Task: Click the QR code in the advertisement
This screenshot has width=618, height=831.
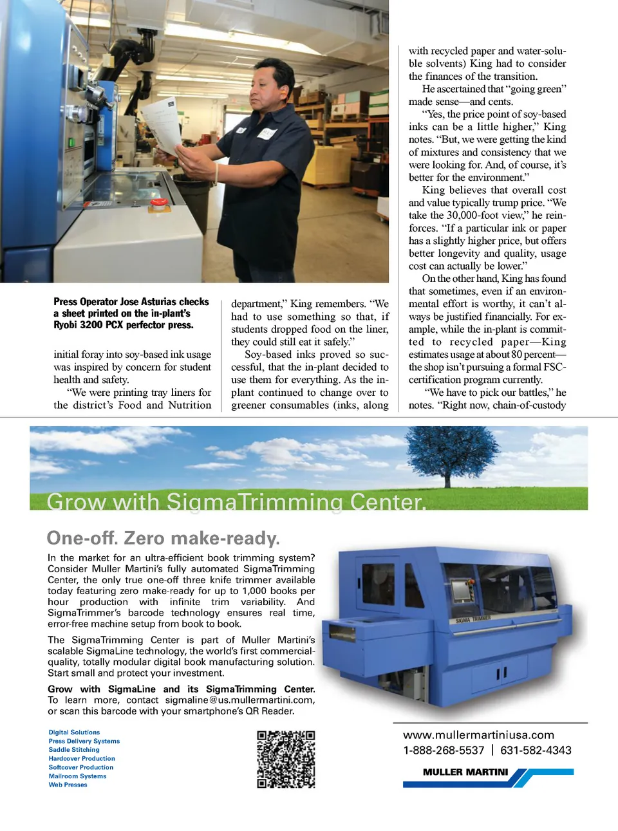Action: (286, 759)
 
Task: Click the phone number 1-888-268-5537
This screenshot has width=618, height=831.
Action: (444, 751)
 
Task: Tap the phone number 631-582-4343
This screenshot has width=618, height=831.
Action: (536, 751)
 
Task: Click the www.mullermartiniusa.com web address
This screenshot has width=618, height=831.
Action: (478, 735)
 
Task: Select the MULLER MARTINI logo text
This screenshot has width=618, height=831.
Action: (465, 772)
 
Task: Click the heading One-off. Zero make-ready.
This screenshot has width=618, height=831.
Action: (163, 538)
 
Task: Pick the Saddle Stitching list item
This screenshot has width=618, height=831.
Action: (74, 750)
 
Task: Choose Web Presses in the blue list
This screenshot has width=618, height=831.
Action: (68, 785)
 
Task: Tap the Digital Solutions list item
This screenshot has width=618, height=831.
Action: (74, 733)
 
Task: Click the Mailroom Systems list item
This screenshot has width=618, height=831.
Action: (77, 776)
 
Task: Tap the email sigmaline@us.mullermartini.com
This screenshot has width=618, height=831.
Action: (239, 700)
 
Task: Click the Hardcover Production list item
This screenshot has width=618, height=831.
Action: (82, 759)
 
